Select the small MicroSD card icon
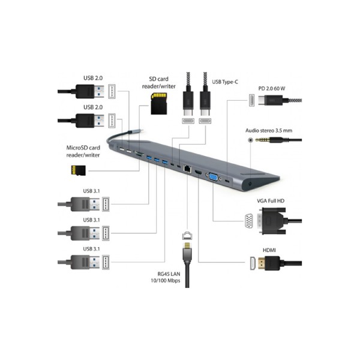click(75, 170)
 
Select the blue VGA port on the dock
click(212, 176)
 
